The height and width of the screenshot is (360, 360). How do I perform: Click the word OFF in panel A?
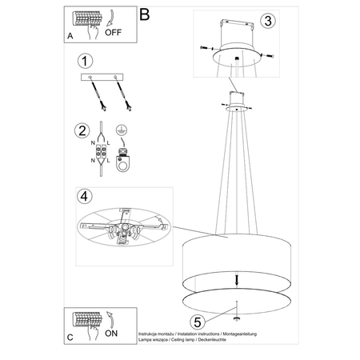tap(114, 34)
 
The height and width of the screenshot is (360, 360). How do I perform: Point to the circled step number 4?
tap(84, 195)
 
